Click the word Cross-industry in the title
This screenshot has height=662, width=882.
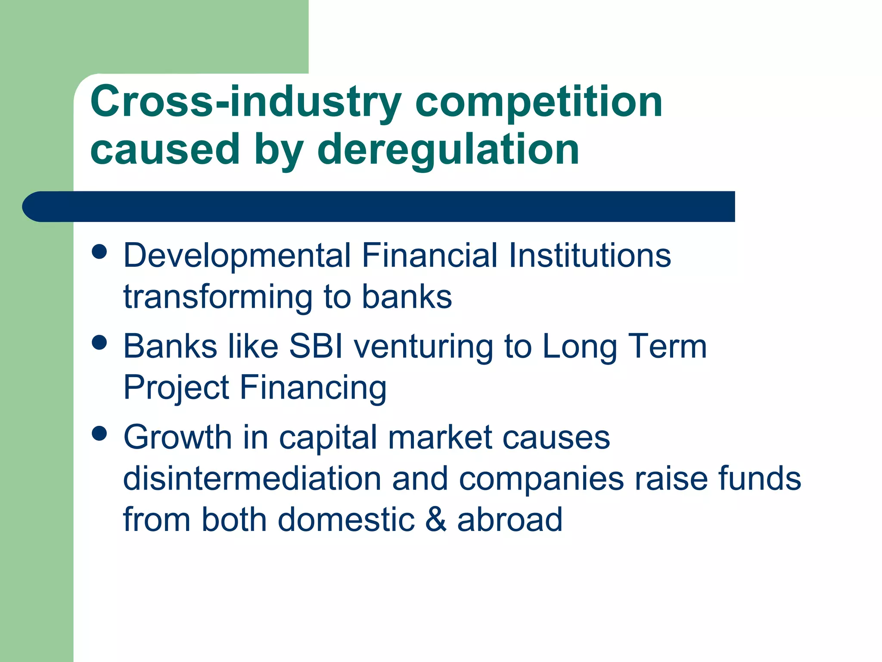coord(245,103)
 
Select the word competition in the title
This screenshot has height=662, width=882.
coord(538,103)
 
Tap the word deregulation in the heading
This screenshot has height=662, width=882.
coord(448,150)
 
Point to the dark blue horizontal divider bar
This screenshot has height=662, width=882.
coord(379,206)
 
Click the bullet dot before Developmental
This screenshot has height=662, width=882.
coord(99,252)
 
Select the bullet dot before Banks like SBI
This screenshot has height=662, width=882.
coord(99,343)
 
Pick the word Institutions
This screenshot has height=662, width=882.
coord(590,255)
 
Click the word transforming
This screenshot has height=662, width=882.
coord(218,297)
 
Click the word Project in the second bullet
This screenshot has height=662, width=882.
coord(176,388)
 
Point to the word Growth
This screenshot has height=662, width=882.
coord(177,437)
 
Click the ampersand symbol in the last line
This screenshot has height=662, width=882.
coord(436,520)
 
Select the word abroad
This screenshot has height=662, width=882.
coord(510,520)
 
